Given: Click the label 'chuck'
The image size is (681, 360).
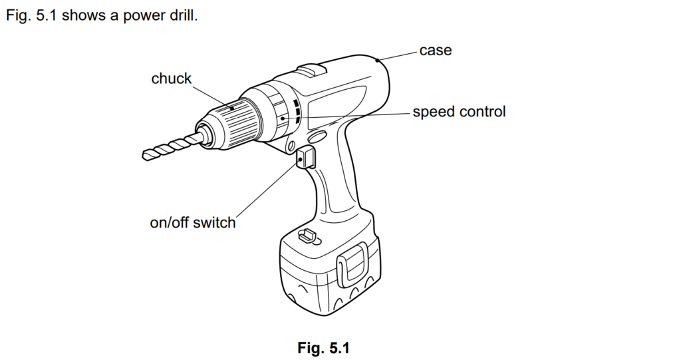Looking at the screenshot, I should (x=171, y=79).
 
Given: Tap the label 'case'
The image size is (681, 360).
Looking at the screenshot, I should (x=435, y=50).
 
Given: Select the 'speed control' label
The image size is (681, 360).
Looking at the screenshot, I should (x=459, y=112).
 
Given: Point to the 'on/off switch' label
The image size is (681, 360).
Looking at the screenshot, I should (x=193, y=222).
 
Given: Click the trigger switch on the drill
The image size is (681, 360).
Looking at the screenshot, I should (x=305, y=159).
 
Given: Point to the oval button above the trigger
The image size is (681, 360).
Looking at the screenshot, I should (x=318, y=138).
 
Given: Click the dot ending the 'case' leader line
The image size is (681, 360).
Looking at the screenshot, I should (x=377, y=61).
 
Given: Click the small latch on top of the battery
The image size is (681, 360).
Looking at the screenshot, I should (x=307, y=235).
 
